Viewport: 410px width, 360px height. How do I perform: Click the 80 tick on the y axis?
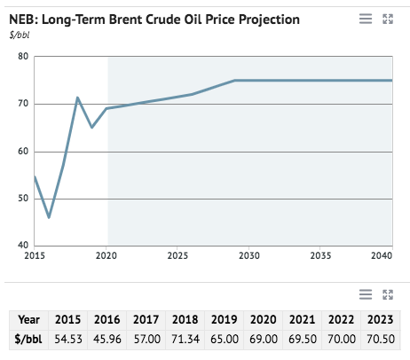[x=23, y=57]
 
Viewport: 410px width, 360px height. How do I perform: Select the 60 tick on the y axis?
[x=23, y=152]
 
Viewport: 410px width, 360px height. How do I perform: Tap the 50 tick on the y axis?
[x=23, y=199]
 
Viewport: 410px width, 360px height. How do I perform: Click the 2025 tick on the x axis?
[x=177, y=255]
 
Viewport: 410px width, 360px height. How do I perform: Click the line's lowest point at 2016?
[x=49, y=217]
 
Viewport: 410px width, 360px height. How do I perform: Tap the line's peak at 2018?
[x=77, y=98]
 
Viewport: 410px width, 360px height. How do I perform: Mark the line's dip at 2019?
[x=91, y=127]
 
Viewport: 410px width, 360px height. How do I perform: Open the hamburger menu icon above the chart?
[x=365, y=19]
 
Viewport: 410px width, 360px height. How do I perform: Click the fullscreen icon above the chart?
[x=387, y=19]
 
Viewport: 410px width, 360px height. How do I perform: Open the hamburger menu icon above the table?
[x=365, y=293]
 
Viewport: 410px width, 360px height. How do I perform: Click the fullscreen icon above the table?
[x=387, y=293]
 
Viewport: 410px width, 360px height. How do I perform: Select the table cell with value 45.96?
[x=106, y=339]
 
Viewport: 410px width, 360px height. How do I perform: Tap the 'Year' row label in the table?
[x=28, y=319]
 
